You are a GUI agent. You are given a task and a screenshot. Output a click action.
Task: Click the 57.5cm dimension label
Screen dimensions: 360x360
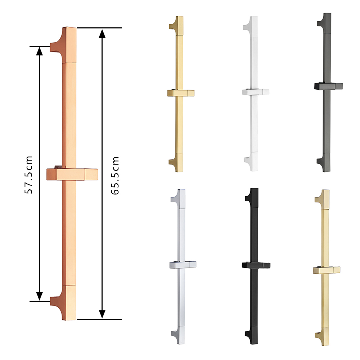29,175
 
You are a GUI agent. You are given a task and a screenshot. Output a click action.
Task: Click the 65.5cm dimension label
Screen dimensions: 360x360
115,176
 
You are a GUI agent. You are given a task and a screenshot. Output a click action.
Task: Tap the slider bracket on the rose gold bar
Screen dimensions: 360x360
72,174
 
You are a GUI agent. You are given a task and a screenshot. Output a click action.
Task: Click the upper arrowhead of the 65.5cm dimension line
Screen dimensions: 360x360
102,33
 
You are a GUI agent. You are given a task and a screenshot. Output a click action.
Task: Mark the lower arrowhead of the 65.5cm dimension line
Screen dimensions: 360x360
102,314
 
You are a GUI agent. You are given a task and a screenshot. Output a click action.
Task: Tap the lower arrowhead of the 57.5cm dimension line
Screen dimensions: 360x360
40,296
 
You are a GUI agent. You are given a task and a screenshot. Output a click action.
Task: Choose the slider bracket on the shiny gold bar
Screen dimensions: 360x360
181,93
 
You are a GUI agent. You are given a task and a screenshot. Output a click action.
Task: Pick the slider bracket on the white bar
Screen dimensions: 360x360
256,91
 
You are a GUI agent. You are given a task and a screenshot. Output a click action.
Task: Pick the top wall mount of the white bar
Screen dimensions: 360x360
248,24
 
